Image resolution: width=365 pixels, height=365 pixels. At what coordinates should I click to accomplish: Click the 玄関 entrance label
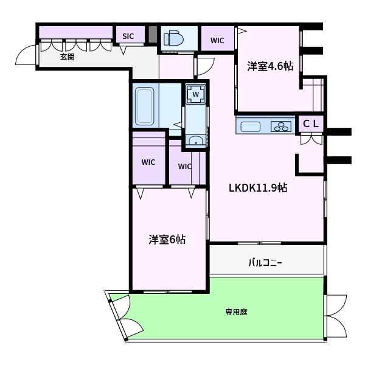pyautogui.click(x=67, y=57)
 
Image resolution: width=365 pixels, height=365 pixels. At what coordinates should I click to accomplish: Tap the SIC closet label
pyautogui.click(x=128, y=36)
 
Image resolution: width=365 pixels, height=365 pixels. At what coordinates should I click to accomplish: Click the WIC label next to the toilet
pyautogui.click(x=217, y=41)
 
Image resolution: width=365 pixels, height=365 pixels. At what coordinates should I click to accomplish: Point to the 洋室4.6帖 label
pyautogui.click(x=270, y=66)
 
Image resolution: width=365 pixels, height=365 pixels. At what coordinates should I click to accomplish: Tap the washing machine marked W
pyautogui.click(x=196, y=94)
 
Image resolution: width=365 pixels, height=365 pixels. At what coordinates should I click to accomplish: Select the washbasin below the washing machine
pyautogui.click(x=195, y=142)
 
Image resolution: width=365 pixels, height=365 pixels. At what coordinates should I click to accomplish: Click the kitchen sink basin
pyautogui.click(x=250, y=127)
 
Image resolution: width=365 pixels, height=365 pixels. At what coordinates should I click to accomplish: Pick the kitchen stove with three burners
pyautogui.click(x=280, y=127)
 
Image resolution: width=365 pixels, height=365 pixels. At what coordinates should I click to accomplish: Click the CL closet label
pyautogui.click(x=311, y=123)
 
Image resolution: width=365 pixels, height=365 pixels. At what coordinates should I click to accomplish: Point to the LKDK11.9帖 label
pyautogui.click(x=257, y=188)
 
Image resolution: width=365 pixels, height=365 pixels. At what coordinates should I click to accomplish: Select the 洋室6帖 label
pyautogui.click(x=167, y=239)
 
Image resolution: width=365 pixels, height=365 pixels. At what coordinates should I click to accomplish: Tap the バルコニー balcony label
pyautogui.click(x=265, y=263)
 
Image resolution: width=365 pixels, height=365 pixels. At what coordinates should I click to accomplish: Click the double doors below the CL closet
pyautogui.click(x=311, y=139)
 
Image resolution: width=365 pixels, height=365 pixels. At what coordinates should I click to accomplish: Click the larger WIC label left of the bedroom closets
pyautogui.click(x=148, y=162)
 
